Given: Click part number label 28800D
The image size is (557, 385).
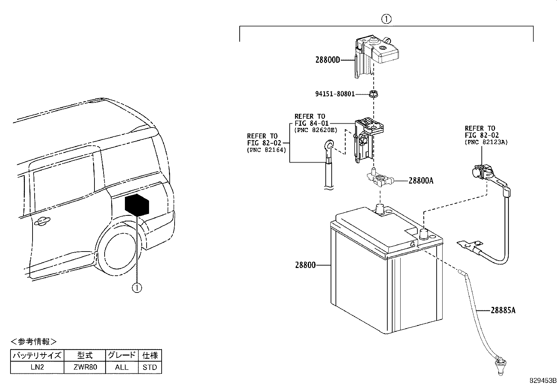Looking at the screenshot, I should pos(327,60).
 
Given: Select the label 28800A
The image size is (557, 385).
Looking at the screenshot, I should pos(421,181).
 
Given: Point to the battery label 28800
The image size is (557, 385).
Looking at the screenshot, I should pos(305,265).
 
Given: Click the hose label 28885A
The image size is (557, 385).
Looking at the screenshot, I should pos(503,310).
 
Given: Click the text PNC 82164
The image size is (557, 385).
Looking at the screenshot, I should pos(266,150).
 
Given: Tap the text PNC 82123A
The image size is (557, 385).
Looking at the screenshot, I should pos(486,142).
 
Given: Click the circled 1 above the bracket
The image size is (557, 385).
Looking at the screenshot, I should pos(386,19).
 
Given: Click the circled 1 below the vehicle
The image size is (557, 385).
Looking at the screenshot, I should pos(137,288).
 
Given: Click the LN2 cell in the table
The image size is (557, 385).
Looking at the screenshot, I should pos(37,367).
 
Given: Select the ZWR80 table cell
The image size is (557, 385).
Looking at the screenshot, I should pos(85,367).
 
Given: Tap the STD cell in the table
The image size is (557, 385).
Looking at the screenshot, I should pos(150,367).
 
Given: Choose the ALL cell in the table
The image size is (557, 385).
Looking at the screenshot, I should pos(122,367).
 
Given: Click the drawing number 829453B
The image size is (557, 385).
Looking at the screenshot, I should pos(542,380).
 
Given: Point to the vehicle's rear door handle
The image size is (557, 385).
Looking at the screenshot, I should pos(41,220).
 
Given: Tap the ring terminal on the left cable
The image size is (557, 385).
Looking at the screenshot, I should pos(329,145).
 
